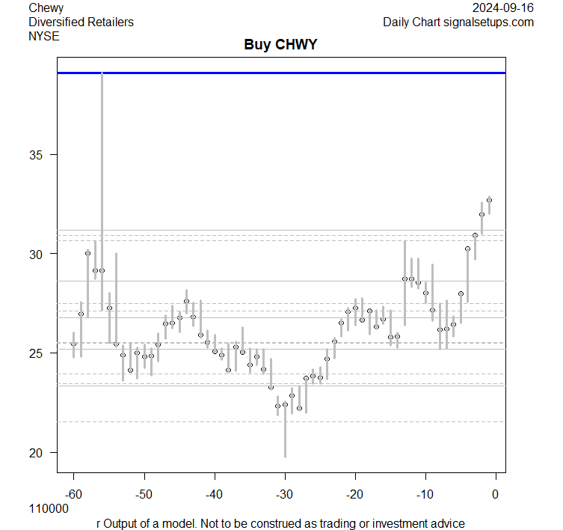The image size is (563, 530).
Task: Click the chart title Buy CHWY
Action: [x=280, y=45]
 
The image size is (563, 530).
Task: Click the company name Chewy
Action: [x=46, y=8]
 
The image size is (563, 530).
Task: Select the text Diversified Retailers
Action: [x=81, y=22]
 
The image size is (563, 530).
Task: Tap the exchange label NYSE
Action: [x=43, y=35]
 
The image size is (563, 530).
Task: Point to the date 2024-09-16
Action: [x=503, y=8]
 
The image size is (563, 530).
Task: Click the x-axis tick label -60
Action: [x=73, y=493]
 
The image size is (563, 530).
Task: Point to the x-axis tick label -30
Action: [x=284, y=493]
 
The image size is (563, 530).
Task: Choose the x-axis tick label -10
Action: [x=425, y=493]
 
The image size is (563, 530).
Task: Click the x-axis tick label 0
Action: [x=495, y=493]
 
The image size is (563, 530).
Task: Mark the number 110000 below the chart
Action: [x=49, y=508]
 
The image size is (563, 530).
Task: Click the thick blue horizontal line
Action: [x=281, y=73]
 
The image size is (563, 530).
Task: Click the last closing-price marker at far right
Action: [x=489, y=200]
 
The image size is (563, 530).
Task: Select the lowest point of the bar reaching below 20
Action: [x=285, y=457]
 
